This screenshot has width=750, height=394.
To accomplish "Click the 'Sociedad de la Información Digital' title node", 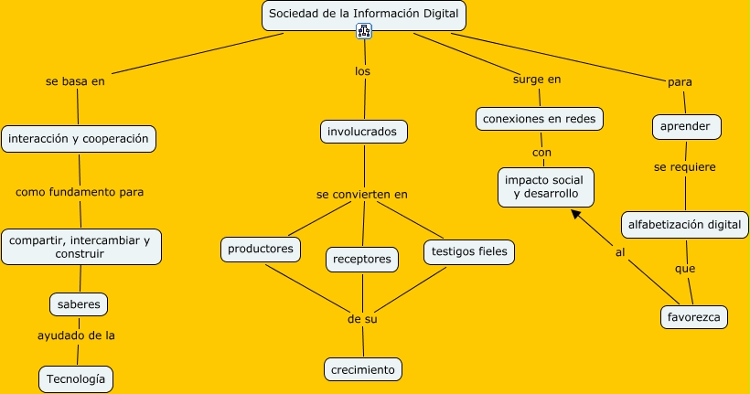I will coord(364,15).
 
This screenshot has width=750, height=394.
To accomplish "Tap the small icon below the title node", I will coord(364,32).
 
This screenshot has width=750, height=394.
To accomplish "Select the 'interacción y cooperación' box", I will coord(78,139).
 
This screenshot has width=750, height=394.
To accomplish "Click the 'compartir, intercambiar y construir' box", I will coord(80,246).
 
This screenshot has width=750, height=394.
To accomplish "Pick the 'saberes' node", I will coord(79,303).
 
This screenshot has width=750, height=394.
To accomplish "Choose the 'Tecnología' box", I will coord(77,378).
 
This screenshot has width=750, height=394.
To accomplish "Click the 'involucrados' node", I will coord(364,132).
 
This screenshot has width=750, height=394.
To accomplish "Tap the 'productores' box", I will coord(261,248).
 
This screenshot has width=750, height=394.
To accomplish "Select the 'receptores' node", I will coord(362,259).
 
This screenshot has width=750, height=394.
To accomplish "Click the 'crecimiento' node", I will coord(363,369).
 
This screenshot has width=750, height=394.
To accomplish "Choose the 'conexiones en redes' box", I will coord(541,119).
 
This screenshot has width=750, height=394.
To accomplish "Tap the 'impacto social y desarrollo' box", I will coord(547,186).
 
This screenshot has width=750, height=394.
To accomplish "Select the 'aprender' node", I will coord(686,126).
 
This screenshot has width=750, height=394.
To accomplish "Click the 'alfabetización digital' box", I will coord(687,224).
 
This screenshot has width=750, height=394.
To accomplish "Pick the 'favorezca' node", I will coord(693,317).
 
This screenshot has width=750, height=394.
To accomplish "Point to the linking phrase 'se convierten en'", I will coord(362,194).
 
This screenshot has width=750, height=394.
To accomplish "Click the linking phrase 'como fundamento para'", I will coord(80,192).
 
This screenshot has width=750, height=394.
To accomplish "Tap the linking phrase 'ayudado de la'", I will coord(76,335).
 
